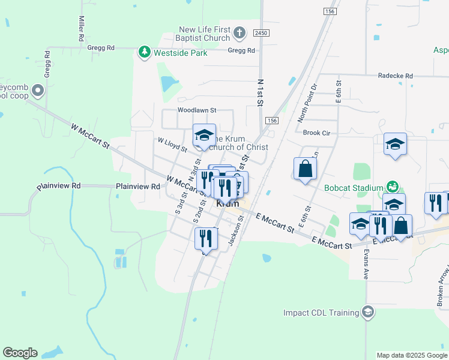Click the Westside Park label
tap(181, 53)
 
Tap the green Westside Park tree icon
tap(144, 52)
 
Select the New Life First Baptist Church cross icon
tap(239, 32)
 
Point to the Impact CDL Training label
tap(321, 313)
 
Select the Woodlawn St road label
tap(196, 110)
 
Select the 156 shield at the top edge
tap(329, 11)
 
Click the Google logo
tap(20, 353)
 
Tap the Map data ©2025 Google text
tap(411, 355)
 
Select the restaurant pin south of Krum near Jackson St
tap(206, 238)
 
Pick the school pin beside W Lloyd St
tap(204, 135)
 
